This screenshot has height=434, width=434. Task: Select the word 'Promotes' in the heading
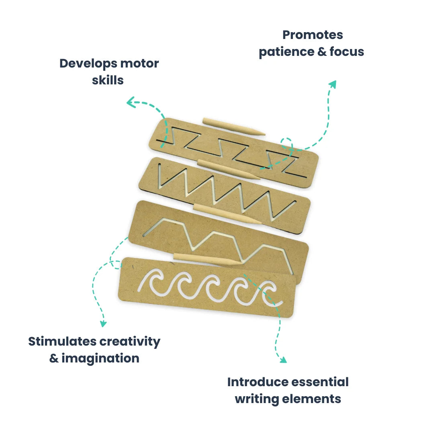click(312, 35)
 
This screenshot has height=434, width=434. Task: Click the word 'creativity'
click(130, 342)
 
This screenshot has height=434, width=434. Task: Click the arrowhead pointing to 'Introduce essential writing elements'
click(283, 359)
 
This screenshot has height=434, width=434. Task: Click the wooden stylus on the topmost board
click(233, 126)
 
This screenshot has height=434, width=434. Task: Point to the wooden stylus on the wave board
click(207, 259)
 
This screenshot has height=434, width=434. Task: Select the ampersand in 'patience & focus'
click(319, 52)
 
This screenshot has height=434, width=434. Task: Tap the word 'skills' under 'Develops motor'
click(108, 80)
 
